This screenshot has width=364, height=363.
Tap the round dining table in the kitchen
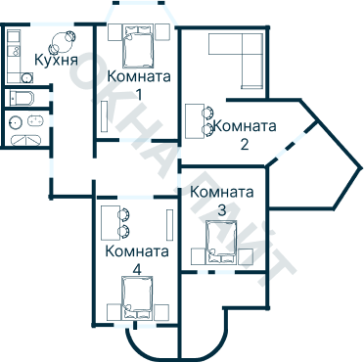pyautogui.click(x=64, y=40)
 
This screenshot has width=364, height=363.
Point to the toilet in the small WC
pyautogui.click(x=22, y=97)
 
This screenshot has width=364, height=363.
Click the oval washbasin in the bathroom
pyautogui.click(x=35, y=121)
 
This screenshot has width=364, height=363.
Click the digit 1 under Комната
pyautogui.click(x=138, y=93)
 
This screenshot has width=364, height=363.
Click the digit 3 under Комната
pyautogui.click(x=222, y=209)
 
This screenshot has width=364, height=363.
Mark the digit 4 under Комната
pyautogui.click(x=136, y=268)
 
